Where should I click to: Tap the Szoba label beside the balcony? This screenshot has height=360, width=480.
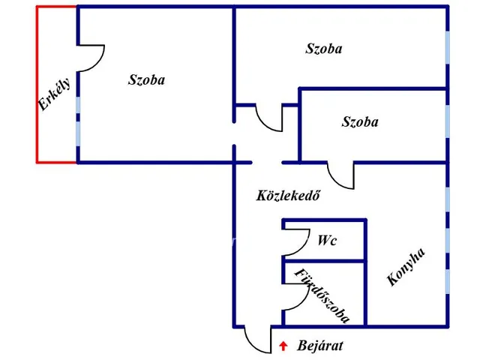pos(146,79)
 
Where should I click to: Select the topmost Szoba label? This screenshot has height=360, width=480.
pos(324,49)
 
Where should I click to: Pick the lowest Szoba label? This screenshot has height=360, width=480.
pos(359,121)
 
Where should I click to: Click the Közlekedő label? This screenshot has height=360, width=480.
pos(289,196)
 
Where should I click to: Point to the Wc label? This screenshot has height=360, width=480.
pos(326,241)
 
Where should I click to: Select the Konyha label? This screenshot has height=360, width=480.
pos(406,268)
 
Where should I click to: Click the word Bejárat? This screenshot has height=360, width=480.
pos(320,346)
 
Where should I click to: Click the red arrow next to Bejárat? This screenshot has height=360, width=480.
pos(283,346)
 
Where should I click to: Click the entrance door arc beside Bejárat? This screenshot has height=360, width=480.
pos(256,340)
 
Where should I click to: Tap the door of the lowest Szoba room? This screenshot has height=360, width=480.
pos(341,175)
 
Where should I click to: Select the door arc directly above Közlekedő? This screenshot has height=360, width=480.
pos(268,118)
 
